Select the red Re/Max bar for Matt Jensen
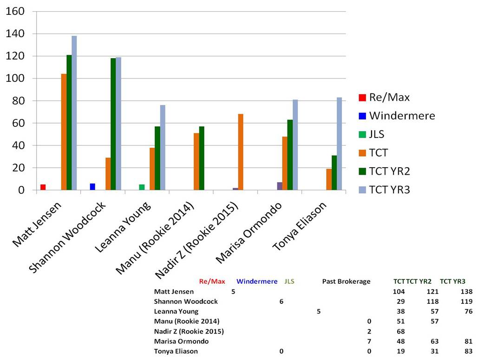[43, 187]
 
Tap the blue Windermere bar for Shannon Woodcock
[92, 187]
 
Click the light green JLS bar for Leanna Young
[142, 187]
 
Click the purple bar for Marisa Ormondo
[280, 186]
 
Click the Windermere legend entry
[402, 116]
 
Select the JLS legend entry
[376, 134]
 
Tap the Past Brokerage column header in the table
[346, 281]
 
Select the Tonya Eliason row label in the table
[176, 351]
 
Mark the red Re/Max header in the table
[212, 281]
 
